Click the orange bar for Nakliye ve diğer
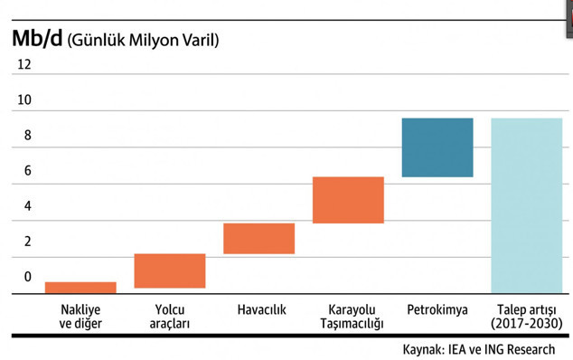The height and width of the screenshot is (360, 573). click(x=80, y=288)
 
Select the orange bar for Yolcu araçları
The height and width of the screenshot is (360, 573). click(x=170, y=270)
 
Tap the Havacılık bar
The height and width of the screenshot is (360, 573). click(x=258, y=238)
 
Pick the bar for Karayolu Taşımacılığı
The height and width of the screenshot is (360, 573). click(x=348, y=200)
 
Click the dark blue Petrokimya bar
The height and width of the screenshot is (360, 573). click(x=437, y=147)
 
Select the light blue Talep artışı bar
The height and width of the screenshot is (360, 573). click(x=526, y=205)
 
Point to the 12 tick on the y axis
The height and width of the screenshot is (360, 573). click(x=23, y=65)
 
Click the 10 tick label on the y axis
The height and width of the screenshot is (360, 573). click(x=23, y=100)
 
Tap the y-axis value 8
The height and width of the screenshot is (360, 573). click(x=27, y=136)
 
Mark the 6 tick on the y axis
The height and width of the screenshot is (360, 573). click(x=27, y=171)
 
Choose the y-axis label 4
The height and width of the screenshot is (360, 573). click(x=27, y=206)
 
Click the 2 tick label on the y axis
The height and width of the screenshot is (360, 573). click(x=27, y=242)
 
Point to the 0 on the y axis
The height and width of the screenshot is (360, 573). click(x=27, y=277)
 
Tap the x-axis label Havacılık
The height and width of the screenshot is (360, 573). click(x=261, y=309)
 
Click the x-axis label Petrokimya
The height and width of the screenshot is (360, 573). click(x=437, y=309)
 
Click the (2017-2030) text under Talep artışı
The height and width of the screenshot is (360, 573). click(x=526, y=323)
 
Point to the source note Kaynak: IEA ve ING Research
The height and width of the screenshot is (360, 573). click(x=479, y=348)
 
